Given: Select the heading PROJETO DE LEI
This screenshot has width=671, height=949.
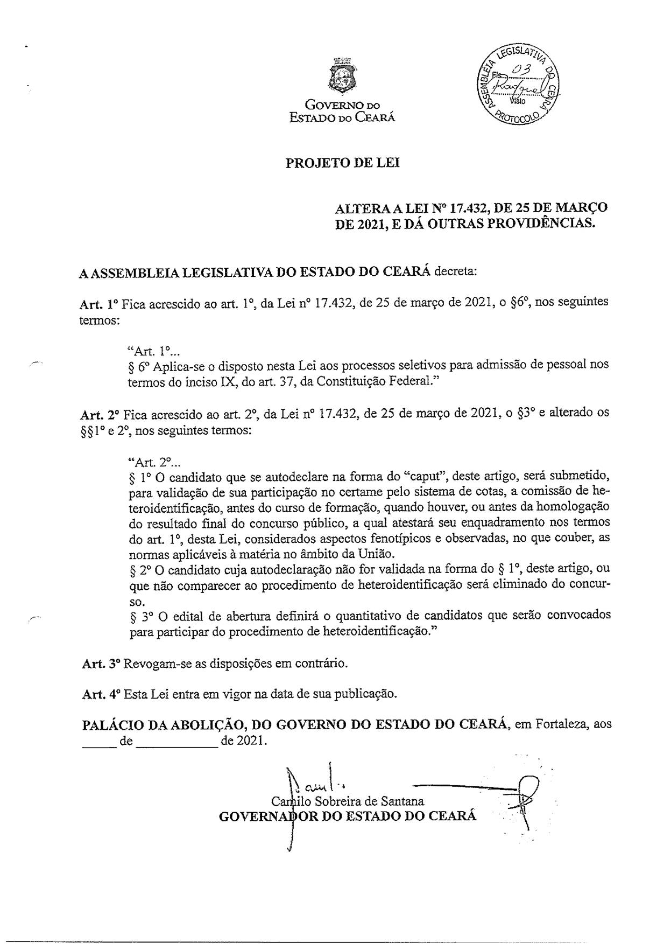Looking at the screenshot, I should click(x=343, y=163).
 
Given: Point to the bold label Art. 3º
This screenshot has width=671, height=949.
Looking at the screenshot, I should click(x=100, y=664).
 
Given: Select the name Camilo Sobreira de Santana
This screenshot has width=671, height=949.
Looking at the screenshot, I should click(x=348, y=801).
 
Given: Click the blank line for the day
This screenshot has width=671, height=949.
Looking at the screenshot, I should click(x=98, y=741).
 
